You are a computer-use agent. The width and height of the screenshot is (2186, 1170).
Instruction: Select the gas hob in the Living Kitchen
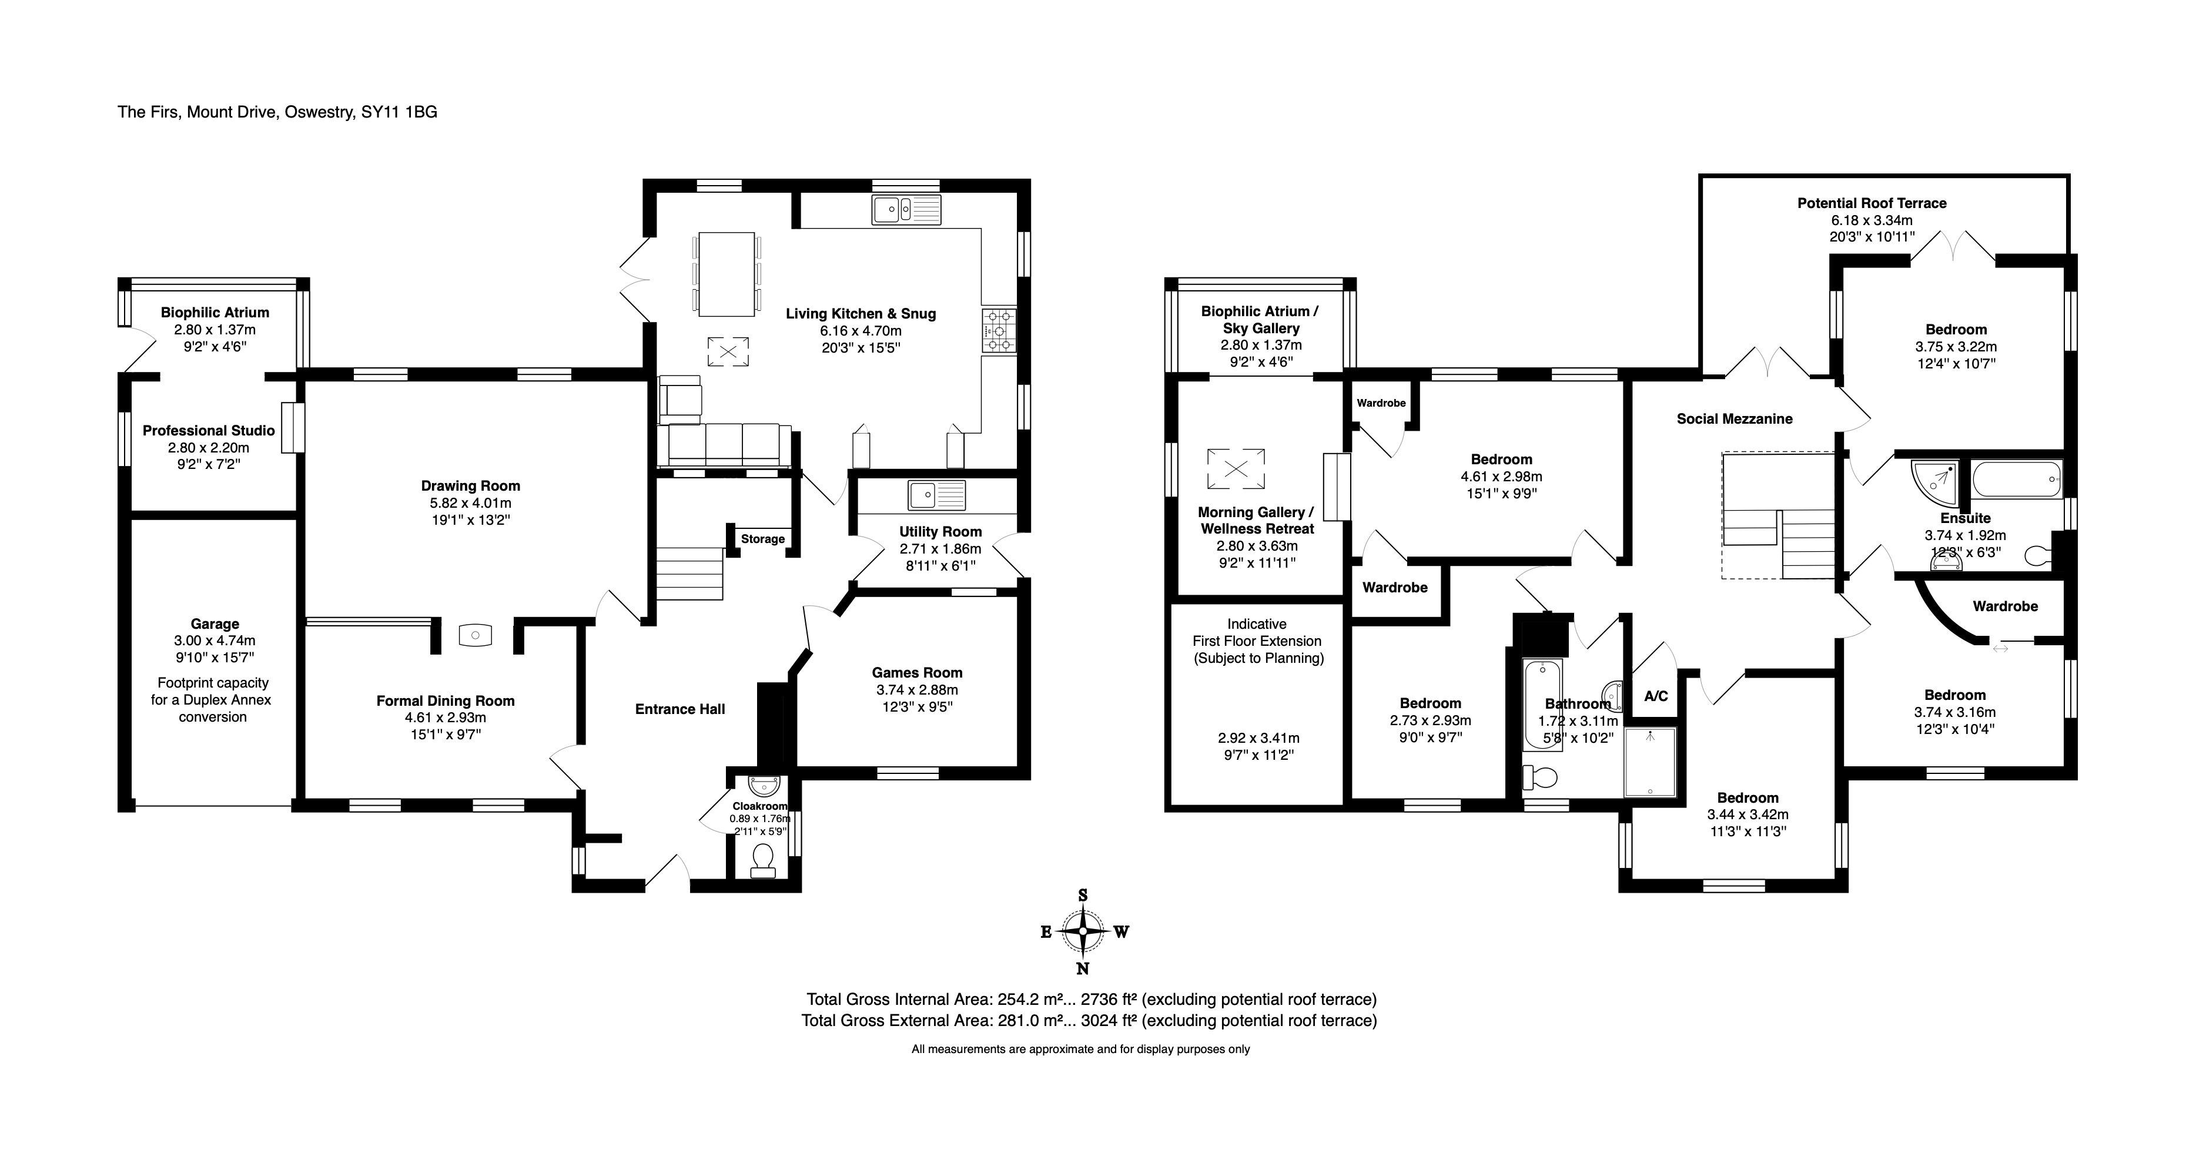pos(1000,330)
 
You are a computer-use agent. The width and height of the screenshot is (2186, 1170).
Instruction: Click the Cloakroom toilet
pos(764,859)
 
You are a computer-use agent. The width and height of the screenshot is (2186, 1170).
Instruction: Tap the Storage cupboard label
pos(762,539)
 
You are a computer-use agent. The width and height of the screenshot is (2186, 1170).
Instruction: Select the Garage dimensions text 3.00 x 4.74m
pos(214,641)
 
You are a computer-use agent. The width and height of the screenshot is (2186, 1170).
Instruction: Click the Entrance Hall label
pos(679,709)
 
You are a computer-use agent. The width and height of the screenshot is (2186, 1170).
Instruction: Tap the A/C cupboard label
pos(1656,696)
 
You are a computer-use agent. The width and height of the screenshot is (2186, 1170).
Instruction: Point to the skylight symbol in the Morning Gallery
pos(1236,468)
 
